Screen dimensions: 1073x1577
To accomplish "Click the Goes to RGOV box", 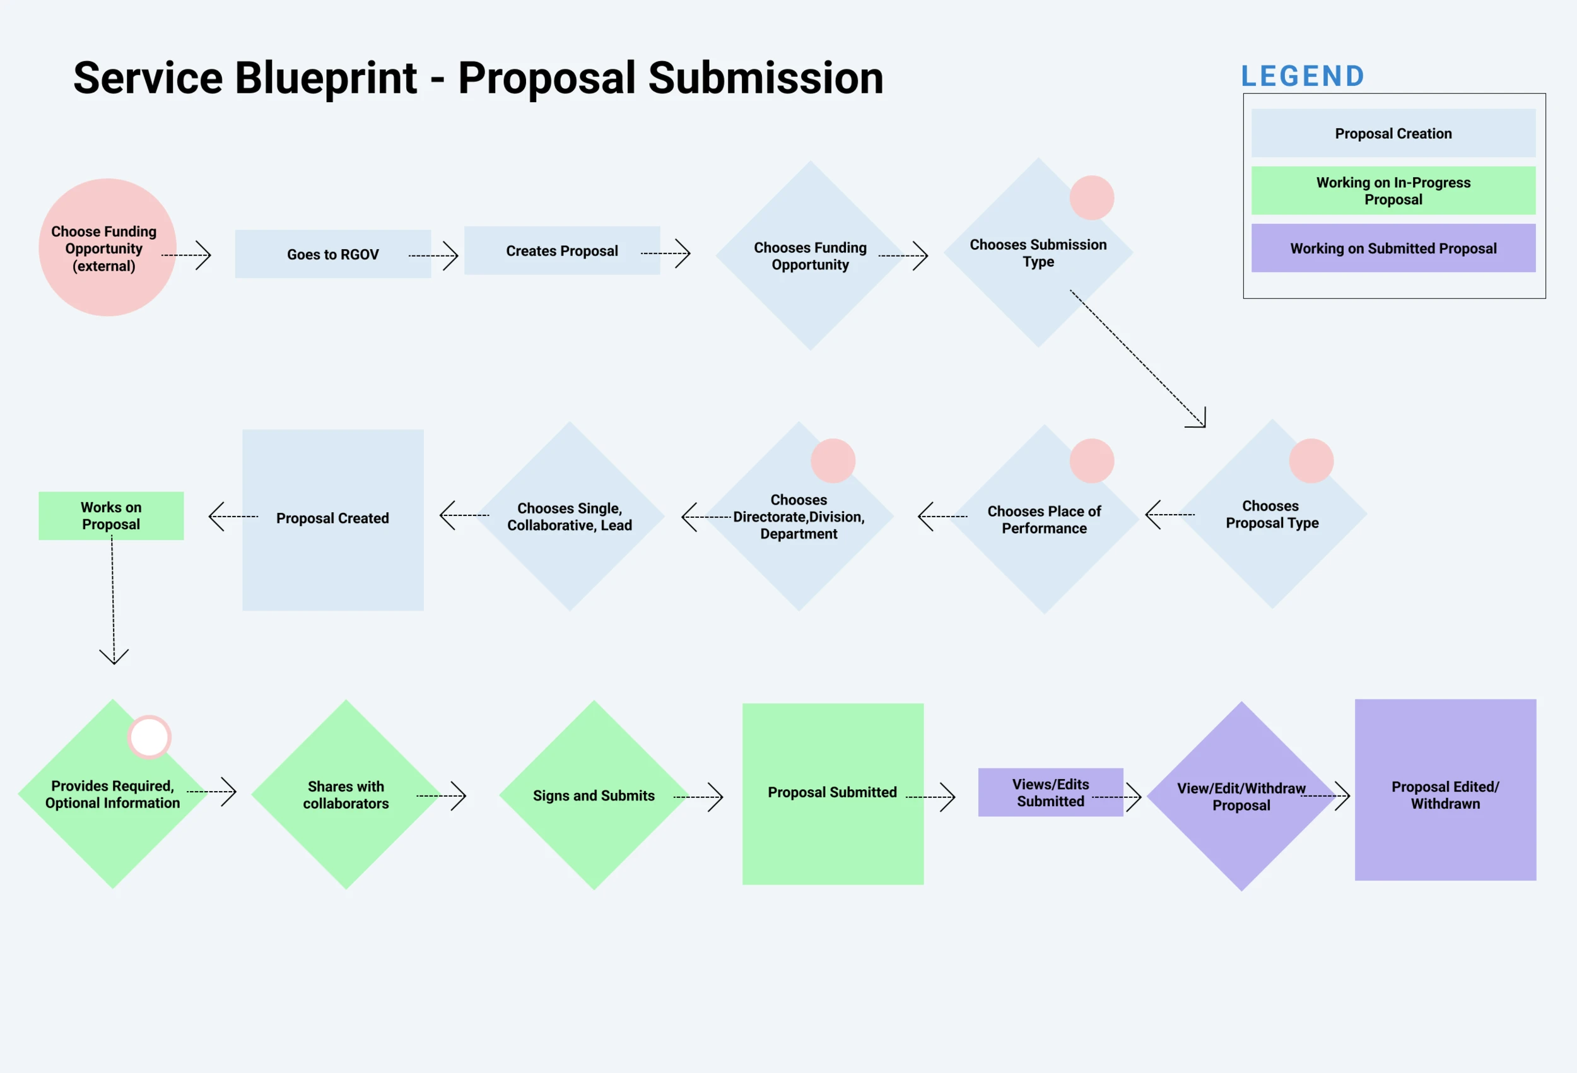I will tap(332, 254).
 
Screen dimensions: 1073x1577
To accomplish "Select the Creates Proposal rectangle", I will tap(562, 250).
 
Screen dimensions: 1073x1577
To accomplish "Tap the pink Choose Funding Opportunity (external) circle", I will tap(107, 248).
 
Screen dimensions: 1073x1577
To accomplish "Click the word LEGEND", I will tap(1303, 76).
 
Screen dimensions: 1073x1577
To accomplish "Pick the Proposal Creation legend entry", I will tap(1393, 133).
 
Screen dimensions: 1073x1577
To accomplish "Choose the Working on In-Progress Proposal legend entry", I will tap(1393, 191).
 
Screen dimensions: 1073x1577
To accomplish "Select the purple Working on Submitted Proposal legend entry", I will tap(1393, 249).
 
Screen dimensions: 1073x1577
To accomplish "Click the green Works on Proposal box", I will tap(110, 516).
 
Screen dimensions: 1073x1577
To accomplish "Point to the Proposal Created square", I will tap(332, 519).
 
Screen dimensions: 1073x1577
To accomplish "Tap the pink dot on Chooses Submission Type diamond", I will tap(1092, 197).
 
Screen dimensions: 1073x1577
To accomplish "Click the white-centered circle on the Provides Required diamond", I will tap(149, 737).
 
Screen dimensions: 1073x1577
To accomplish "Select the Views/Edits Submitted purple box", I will tap(1050, 792).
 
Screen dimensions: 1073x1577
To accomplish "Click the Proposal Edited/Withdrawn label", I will tap(1445, 795).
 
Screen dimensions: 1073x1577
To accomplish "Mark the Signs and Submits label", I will tap(594, 795).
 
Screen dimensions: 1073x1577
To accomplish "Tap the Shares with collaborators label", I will tap(346, 795).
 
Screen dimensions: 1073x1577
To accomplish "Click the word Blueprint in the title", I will tap(325, 78).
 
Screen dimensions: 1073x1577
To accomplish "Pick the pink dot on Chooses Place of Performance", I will tap(1092, 461).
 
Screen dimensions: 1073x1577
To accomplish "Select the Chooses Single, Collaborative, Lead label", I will tap(570, 517).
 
